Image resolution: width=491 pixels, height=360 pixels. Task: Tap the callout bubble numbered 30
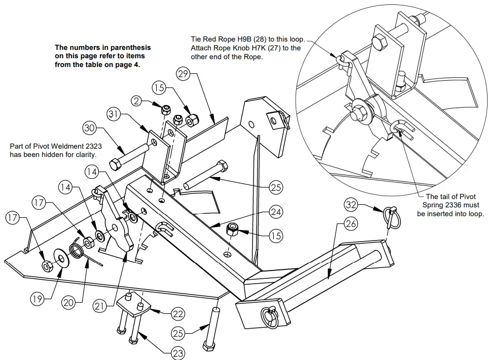(89, 128)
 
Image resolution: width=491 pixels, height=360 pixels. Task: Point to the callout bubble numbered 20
(69, 303)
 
